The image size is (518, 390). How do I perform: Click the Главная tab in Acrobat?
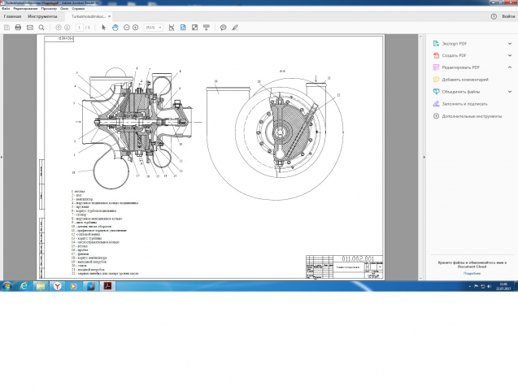click(12, 15)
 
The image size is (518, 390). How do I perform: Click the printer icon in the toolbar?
click(18, 27)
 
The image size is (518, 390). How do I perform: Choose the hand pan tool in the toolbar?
click(115, 27)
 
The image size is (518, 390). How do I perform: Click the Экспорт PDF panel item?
click(454, 43)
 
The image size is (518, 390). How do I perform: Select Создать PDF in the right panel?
click(453, 55)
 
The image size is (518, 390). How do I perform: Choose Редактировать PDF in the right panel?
click(459, 67)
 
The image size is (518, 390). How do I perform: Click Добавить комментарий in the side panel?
click(464, 80)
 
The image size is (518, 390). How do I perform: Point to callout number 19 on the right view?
click(216, 81)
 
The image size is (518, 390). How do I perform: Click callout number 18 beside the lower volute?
click(74, 172)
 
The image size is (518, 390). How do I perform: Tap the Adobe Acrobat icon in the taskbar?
click(77, 286)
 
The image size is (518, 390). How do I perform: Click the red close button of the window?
click(509, 3)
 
